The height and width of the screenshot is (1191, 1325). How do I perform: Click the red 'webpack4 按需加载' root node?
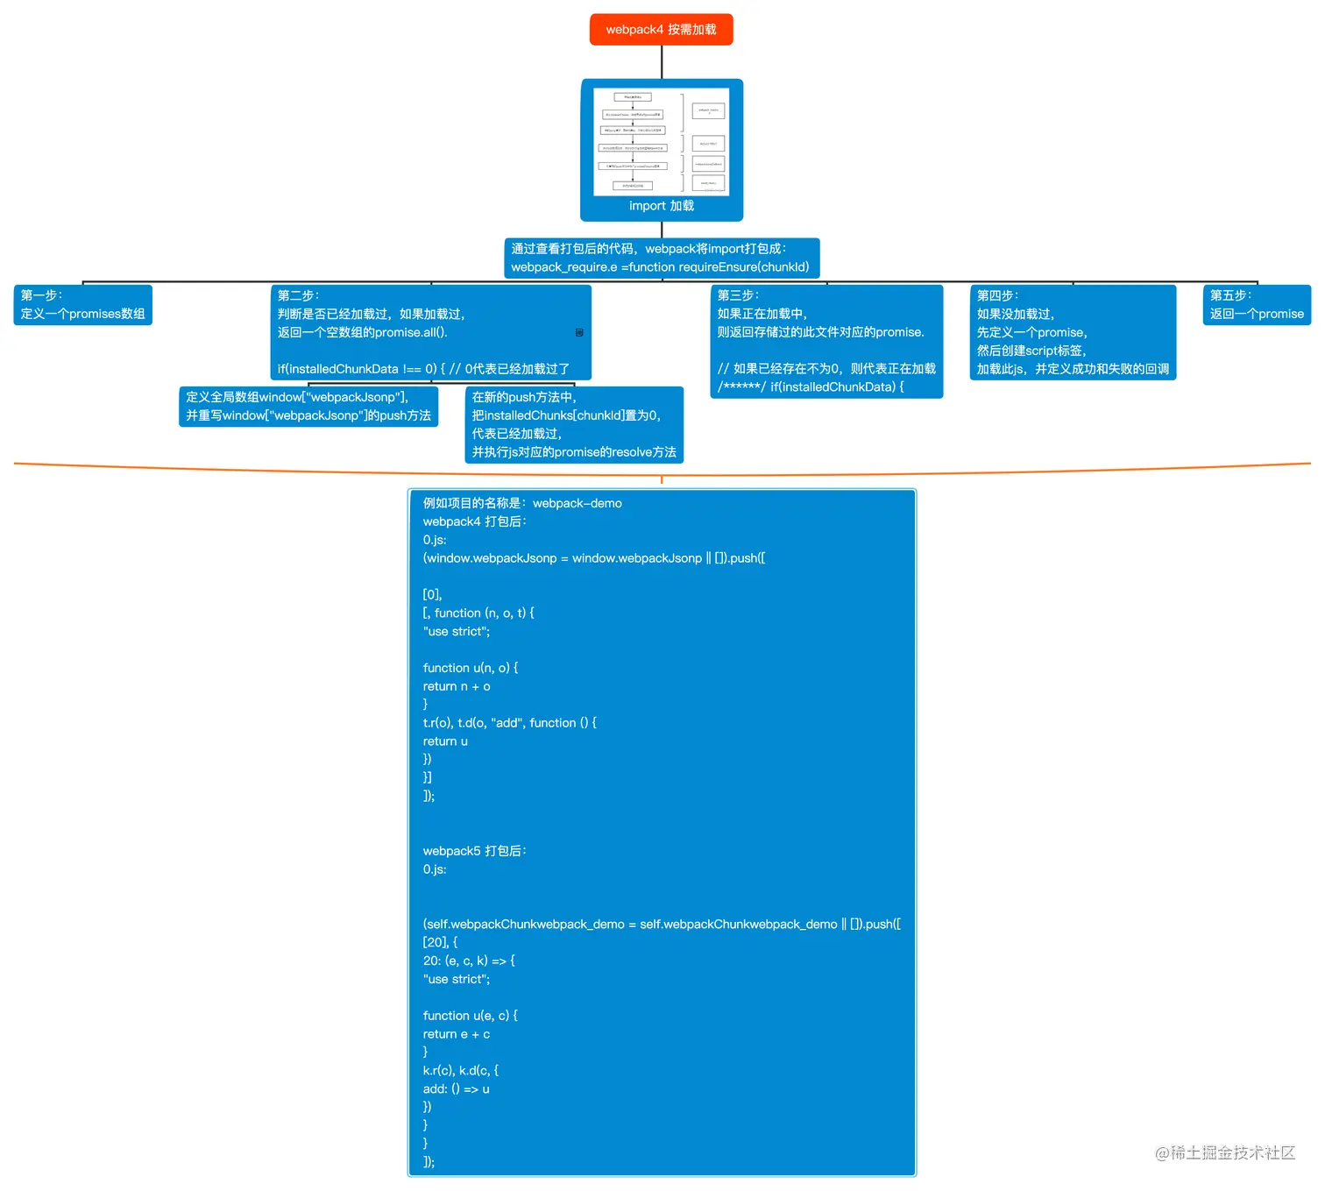point(661,29)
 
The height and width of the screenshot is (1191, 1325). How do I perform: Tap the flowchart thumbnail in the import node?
point(661,141)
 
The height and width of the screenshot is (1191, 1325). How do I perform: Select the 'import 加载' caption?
point(661,206)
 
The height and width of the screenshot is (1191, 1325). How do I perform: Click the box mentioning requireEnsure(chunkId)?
point(661,259)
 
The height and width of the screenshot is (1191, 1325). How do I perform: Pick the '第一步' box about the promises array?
point(82,305)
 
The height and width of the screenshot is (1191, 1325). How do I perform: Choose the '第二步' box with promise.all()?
point(431,332)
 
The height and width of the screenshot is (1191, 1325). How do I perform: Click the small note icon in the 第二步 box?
point(579,332)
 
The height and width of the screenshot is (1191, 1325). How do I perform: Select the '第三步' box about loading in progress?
point(825,341)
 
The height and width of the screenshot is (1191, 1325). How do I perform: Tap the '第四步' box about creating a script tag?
point(1072,332)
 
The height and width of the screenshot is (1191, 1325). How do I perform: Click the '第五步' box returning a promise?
point(1256,305)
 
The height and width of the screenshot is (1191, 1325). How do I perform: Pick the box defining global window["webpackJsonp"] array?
point(308,407)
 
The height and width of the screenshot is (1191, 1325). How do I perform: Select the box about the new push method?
point(573,425)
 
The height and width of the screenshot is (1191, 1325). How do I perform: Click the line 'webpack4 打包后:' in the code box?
point(475,521)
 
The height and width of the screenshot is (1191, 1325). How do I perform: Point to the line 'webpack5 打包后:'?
point(475,851)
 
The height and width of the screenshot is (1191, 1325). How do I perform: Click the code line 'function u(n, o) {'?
point(471,668)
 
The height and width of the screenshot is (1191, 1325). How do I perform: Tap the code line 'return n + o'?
point(457,686)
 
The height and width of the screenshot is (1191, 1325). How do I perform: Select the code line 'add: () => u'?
point(456,1088)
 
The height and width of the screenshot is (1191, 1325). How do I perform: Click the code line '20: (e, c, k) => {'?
point(469,961)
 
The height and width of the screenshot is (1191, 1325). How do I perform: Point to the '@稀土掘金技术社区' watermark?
point(1224,1152)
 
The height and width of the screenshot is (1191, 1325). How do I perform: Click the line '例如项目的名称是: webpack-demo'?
point(522,503)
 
